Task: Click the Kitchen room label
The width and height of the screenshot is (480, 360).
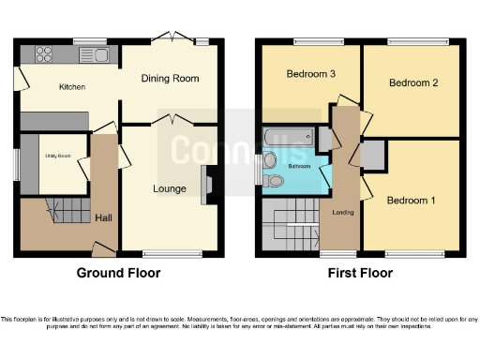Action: (71, 87)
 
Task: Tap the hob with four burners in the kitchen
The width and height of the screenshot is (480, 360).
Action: (44, 54)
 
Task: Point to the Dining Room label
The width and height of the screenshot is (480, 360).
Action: (170, 79)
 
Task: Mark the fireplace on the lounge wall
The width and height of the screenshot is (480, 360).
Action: (207, 184)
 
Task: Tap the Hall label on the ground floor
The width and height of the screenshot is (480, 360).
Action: (103, 218)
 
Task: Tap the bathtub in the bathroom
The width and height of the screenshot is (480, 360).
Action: (291, 141)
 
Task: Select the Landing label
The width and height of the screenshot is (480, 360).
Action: (343, 212)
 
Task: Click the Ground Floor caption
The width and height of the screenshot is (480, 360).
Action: (118, 274)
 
